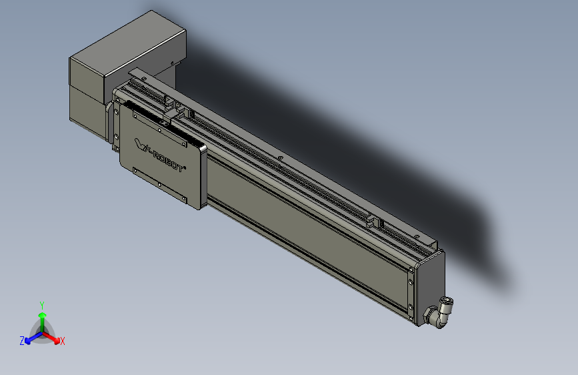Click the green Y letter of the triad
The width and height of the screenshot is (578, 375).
41,304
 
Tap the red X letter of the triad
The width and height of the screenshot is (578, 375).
63,342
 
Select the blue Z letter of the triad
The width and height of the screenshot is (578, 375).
22,340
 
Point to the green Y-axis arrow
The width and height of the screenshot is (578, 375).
42,317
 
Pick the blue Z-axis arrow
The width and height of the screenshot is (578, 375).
31,338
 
